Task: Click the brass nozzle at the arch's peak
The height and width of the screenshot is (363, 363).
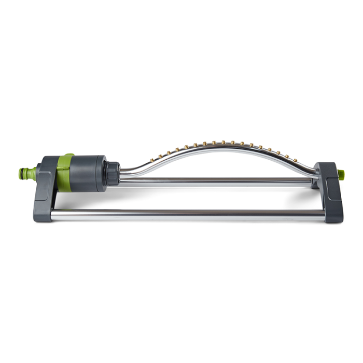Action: (223, 142)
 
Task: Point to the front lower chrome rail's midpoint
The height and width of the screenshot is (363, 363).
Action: (189, 213)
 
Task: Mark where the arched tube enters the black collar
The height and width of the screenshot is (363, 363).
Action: (121, 172)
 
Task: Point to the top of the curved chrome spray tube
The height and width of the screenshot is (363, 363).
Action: (223, 146)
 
